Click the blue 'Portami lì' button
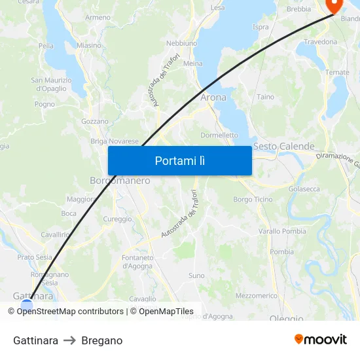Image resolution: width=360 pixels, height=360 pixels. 179,160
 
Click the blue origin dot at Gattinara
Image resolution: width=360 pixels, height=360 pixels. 27,304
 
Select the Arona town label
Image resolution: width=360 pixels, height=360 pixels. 213,98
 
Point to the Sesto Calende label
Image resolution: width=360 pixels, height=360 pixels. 283,147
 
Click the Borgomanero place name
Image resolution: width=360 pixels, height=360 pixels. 120,181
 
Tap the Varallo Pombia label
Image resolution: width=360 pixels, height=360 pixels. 282,231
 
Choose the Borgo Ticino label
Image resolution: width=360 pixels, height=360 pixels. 253,199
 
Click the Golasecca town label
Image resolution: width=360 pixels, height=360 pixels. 304,189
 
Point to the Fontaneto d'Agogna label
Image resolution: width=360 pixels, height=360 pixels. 137,262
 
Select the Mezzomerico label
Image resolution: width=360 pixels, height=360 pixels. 257,296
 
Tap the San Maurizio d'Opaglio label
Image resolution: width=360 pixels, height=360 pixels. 48,84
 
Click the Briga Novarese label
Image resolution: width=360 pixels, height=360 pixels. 115,141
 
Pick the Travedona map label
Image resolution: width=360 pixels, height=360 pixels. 320,42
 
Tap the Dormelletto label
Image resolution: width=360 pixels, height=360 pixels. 219,135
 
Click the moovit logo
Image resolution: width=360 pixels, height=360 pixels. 321,339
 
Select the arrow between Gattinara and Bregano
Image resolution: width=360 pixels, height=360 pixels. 69,341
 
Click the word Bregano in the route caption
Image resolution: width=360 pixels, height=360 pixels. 102,341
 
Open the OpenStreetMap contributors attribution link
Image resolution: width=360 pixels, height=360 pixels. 70,312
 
